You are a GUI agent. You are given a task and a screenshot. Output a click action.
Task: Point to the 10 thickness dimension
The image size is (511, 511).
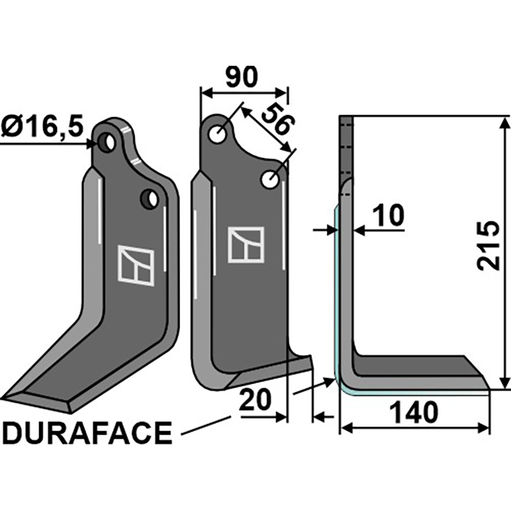388,216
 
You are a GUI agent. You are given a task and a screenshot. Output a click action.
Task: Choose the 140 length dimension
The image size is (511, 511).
416,413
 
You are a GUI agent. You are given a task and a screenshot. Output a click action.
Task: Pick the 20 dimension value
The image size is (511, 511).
256,401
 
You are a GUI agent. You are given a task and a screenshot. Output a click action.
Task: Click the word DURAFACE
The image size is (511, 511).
88,434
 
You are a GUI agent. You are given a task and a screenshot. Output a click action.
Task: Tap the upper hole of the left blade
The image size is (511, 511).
110,142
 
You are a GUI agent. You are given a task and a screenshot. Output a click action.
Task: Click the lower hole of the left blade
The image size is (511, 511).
151,200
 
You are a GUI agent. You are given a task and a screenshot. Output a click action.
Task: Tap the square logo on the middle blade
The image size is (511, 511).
246,245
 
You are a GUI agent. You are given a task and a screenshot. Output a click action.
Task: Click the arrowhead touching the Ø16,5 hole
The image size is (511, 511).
95,143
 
